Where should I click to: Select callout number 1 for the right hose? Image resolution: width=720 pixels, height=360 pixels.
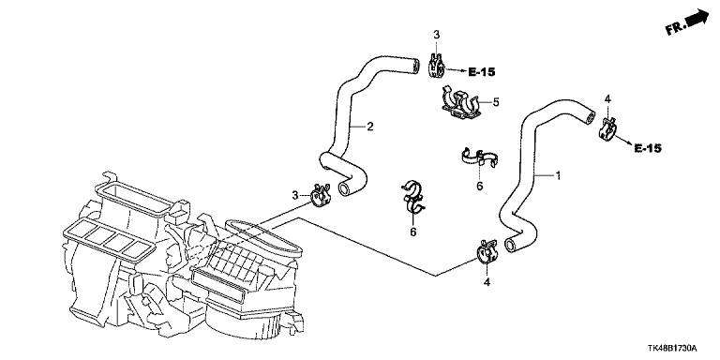point(558,175)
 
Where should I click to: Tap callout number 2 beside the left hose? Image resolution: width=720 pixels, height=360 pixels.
point(370,127)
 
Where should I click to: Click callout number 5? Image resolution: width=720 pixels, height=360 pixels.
point(495,101)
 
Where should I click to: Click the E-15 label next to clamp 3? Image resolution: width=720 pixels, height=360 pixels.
point(482,71)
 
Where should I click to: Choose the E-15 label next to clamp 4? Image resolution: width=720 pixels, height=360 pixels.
point(648,148)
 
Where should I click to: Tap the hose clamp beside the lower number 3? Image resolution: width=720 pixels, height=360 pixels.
point(320,195)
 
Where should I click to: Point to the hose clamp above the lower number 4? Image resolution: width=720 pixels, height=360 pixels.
point(485,251)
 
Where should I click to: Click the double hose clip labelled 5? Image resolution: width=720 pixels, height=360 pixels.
point(458,104)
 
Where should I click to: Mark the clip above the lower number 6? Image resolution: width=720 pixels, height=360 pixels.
point(412,198)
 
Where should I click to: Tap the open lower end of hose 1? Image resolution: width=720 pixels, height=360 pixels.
point(510,245)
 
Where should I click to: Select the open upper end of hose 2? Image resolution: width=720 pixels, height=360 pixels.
point(415,66)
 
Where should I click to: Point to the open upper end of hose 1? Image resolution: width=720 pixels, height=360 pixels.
point(590,116)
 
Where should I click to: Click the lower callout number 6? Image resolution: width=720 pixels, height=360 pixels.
point(412,232)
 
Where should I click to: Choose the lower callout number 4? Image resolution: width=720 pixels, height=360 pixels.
point(487,282)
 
